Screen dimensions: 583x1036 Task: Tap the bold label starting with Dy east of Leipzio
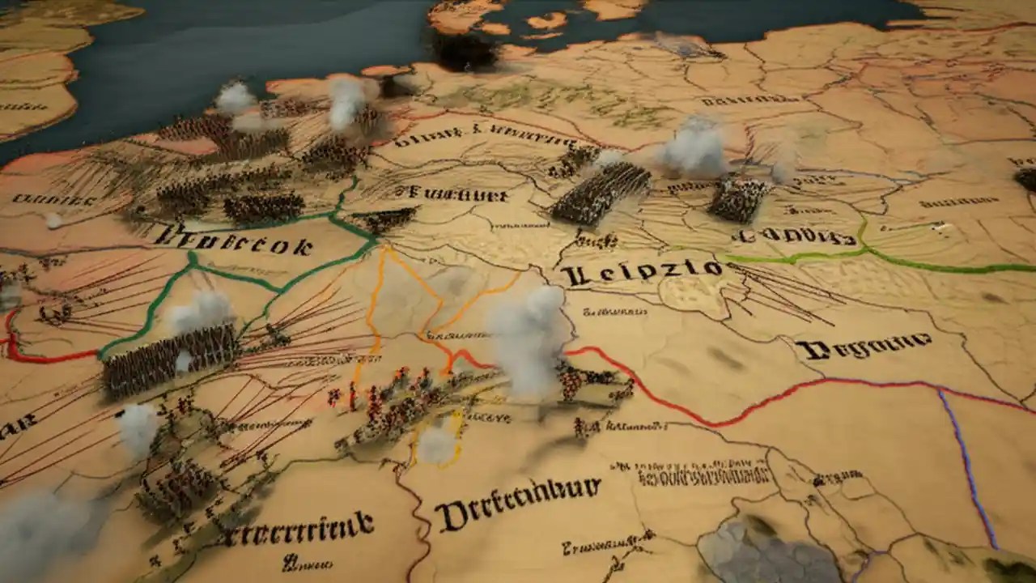tap(863, 347)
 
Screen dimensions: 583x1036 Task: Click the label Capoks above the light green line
tap(792, 236)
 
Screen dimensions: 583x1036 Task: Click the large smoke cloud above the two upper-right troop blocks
tap(694, 148)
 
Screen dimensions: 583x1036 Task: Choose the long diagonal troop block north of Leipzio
tap(601, 193)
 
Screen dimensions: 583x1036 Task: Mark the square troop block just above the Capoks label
tap(739, 198)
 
